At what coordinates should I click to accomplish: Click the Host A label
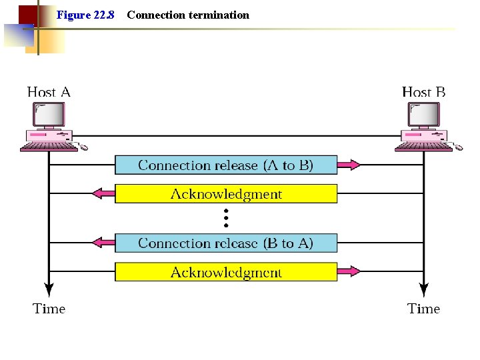pos(49,92)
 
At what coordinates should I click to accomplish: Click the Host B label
pos(424,92)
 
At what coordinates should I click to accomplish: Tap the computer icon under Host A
pos(51,127)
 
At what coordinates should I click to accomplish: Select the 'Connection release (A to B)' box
pos(226,165)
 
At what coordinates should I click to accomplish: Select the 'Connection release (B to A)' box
pos(226,243)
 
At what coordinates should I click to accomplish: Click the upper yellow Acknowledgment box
pos(226,194)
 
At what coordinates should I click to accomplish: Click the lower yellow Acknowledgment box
pos(226,272)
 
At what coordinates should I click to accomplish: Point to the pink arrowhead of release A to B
pos(351,165)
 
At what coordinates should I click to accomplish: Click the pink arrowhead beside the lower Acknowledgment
pos(351,272)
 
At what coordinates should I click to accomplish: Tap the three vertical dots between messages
pos(226,218)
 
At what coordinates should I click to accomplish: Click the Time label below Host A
pos(49,309)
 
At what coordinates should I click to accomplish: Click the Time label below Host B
pos(424,309)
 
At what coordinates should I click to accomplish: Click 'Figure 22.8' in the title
pos(85,15)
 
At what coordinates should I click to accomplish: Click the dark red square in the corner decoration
pos(27,14)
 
